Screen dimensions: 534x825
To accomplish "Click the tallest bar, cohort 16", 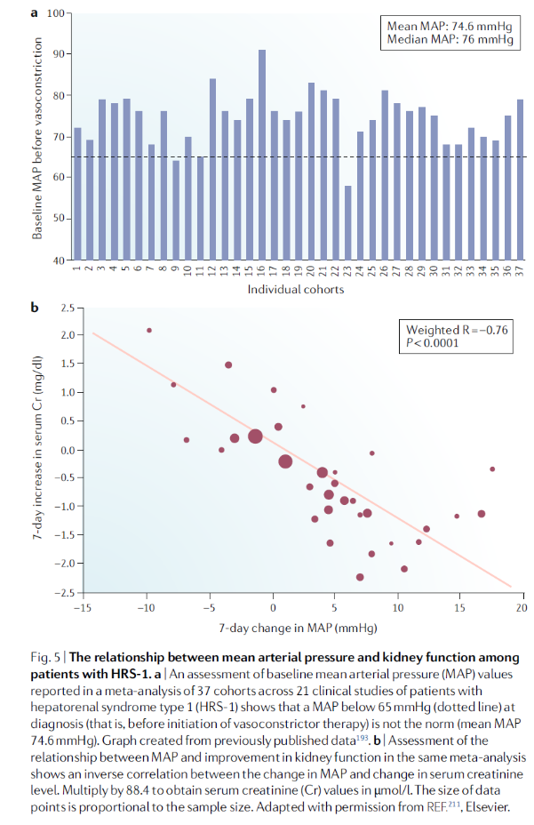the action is click(x=261, y=155).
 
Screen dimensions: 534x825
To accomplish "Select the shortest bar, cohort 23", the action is click(x=347, y=222).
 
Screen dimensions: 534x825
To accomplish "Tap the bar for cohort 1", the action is click(x=77, y=194).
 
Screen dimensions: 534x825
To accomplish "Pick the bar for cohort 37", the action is click(x=520, y=180).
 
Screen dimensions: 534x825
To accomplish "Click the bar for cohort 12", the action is click(x=212, y=169).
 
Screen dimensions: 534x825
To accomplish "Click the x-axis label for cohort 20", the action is click(x=310, y=270).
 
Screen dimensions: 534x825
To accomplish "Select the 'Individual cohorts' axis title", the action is click(x=296, y=290).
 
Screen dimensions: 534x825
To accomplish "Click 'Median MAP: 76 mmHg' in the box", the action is click(x=450, y=39).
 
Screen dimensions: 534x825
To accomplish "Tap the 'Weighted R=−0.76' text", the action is click(x=457, y=330).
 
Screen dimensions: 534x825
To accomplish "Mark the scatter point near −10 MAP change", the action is click(x=149, y=331).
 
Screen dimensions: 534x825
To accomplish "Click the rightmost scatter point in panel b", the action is click(x=492, y=469).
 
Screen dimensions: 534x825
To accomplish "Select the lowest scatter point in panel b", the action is click(x=360, y=577).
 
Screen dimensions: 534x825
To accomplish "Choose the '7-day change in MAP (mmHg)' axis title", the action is click(x=298, y=628).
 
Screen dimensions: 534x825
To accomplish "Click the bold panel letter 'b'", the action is click(x=35, y=308).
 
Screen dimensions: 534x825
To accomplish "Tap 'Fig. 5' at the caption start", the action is click(x=45, y=657).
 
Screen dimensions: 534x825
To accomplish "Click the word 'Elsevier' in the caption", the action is click(x=487, y=806).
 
